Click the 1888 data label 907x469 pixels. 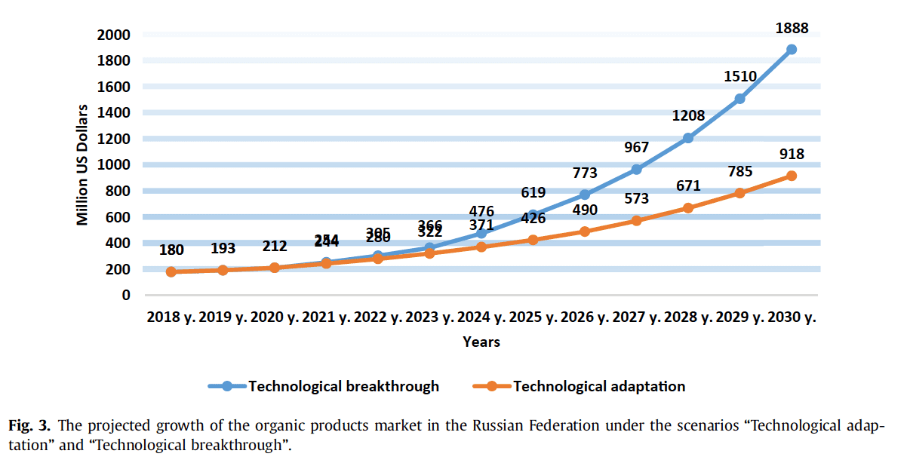[792, 29]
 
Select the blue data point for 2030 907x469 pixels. [792, 50]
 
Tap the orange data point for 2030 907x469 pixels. [792, 176]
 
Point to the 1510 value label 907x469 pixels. [739, 78]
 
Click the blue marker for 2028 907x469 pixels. [688, 138]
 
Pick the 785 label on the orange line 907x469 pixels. [739, 172]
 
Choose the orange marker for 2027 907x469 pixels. [637, 220]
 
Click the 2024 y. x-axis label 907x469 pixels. [481, 318]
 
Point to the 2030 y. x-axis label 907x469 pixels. [791, 318]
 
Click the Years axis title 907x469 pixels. [481, 342]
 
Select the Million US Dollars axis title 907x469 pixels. [83, 165]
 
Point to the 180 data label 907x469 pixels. [172, 250]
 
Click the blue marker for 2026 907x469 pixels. [585, 195]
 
